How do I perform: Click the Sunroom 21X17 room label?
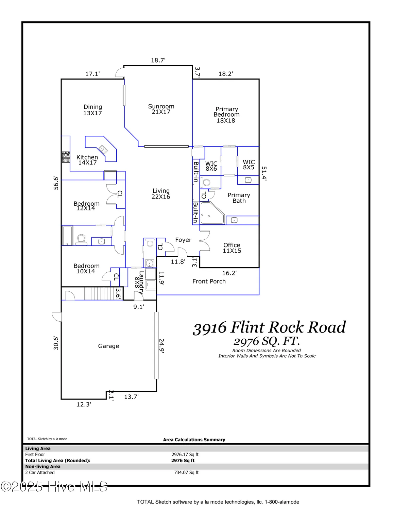tap(161, 109)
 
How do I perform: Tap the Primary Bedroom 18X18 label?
tap(226, 115)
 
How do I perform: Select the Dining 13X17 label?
tap(92, 110)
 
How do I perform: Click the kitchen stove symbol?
tap(66, 157)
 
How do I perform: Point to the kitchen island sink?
tap(103, 149)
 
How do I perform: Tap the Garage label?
tap(108, 346)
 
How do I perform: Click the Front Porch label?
tap(209, 282)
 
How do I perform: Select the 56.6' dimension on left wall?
tap(56, 183)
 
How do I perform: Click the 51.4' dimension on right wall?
tap(264, 173)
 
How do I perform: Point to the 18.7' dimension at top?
tap(158, 61)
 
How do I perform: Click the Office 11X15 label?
tap(232, 248)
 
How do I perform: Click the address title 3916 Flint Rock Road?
tap(269, 328)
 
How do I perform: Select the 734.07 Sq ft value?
tap(186, 473)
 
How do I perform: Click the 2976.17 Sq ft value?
tap(185, 455)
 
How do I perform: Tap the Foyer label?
tap(183, 240)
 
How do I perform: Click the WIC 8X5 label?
tap(249, 165)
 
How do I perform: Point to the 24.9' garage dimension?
tap(162, 346)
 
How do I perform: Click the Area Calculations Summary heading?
tap(194, 440)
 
